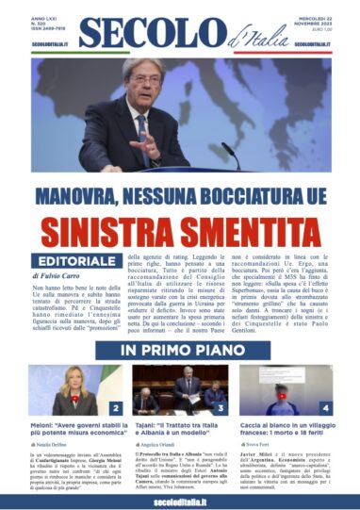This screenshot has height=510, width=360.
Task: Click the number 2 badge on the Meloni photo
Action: (x=115, y=408)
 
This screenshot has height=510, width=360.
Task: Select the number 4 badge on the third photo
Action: (x=325, y=408)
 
